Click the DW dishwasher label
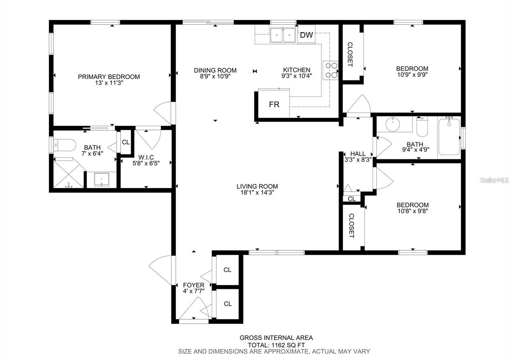(306, 35)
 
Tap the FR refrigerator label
(274, 104)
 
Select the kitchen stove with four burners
(330, 70)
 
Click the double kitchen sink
(283, 35)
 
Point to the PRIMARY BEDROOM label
(109, 77)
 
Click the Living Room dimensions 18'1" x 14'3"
(257, 192)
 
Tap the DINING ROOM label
(215, 70)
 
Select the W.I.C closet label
(146, 157)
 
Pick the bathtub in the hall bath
(449, 137)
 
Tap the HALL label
(358, 154)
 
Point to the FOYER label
(194, 285)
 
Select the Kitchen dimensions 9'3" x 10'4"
(297, 76)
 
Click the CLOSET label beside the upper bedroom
(350, 54)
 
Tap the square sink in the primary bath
(102, 180)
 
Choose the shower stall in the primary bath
(69, 173)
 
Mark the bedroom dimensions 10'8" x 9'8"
(413, 211)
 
